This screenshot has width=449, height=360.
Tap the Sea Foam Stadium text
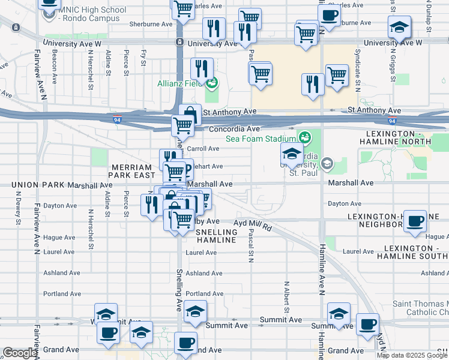262,139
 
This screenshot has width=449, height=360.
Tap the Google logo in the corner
20,353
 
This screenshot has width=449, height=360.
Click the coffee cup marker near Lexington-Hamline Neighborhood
415,221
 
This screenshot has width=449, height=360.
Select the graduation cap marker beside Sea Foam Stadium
292,154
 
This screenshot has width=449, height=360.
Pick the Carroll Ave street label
203,148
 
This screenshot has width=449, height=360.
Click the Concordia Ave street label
234,129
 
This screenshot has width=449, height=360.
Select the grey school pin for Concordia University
327,163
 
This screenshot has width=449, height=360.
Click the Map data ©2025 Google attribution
412,355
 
